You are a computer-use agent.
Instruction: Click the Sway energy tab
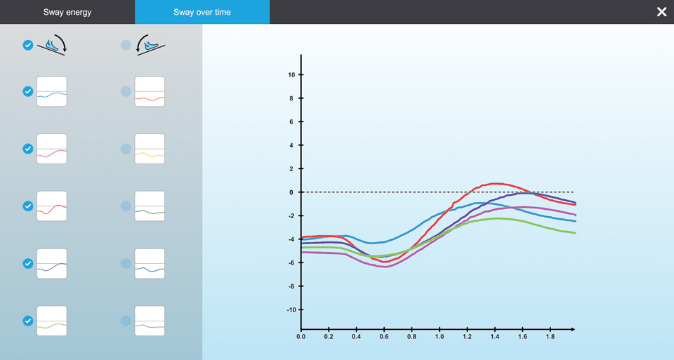point(67,12)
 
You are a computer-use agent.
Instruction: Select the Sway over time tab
point(202,12)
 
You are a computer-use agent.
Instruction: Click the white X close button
point(661,12)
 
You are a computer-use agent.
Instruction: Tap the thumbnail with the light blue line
point(52,92)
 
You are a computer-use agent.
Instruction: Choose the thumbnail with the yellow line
point(150,149)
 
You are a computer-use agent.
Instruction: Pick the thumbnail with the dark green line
point(150,206)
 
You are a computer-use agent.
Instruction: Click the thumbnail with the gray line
point(150,321)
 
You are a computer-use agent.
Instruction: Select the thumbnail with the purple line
point(52,264)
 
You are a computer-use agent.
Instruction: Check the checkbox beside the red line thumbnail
point(28,206)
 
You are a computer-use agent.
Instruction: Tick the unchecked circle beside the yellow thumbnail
point(126,149)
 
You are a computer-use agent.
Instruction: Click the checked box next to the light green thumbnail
point(28,321)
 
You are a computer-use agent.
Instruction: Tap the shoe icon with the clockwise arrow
point(52,46)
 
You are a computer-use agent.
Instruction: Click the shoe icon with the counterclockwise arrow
point(150,46)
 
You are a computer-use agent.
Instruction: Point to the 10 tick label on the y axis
point(291,75)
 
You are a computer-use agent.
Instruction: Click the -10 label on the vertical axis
point(290,309)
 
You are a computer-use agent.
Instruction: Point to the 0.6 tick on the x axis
point(384,337)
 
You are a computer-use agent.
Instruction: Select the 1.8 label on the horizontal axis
point(550,337)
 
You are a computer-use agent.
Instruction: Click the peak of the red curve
point(495,184)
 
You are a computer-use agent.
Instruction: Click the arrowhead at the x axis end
point(573,329)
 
